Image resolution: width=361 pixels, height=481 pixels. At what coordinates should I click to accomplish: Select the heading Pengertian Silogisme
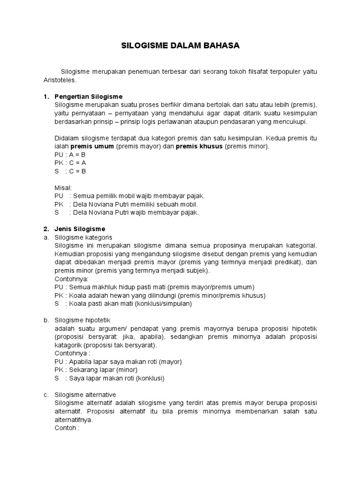(88, 97)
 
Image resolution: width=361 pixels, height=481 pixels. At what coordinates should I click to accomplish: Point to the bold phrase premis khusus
(199, 147)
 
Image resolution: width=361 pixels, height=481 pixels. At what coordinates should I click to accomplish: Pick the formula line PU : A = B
(71, 155)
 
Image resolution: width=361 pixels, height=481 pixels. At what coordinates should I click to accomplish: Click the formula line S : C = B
(71, 171)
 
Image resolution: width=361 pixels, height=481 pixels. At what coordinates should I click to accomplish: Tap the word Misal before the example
(63, 187)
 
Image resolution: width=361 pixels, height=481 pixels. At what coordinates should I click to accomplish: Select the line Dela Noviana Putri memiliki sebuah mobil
(134, 204)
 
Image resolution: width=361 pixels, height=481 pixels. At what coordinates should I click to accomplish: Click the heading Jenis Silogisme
(80, 229)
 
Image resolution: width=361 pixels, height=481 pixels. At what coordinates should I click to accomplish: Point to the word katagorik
(69, 345)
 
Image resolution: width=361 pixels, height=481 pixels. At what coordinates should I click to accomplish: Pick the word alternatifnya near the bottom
(74, 419)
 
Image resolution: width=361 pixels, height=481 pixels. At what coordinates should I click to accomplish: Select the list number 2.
(46, 229)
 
